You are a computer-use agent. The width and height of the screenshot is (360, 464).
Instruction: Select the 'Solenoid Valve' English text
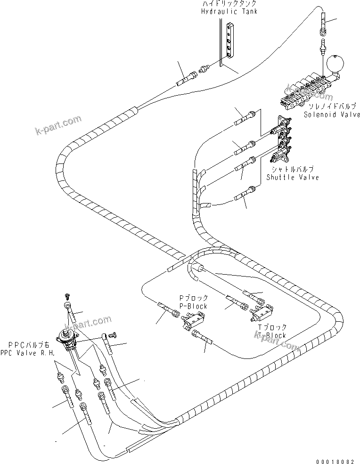coord(332,114)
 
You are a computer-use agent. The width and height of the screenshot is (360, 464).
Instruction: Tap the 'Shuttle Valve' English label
coord(292,177)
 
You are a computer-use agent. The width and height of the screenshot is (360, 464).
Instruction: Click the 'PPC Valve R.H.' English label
coord(28,352)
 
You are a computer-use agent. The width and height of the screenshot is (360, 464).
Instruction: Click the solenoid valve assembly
coord(306,90)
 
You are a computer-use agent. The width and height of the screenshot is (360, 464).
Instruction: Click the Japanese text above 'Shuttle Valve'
coord(292,170)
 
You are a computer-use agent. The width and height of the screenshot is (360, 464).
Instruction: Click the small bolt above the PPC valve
coord(67,295)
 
